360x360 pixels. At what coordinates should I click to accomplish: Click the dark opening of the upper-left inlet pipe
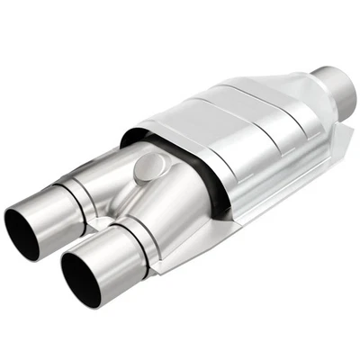pos(27,233)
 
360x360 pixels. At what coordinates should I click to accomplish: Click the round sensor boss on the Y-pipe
pos(150,168)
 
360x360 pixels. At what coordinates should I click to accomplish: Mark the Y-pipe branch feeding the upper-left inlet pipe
pos(108,180)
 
